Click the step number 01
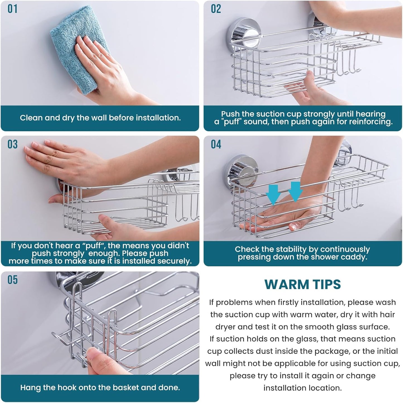click(13, 9)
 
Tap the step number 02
click(216, 9)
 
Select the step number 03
click(13, 144)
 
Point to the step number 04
click(216, 144)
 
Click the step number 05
click(13, 280)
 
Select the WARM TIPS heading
click(303, 284)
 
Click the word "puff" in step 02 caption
click(232, 122)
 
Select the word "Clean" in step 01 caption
click(31, 118)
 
